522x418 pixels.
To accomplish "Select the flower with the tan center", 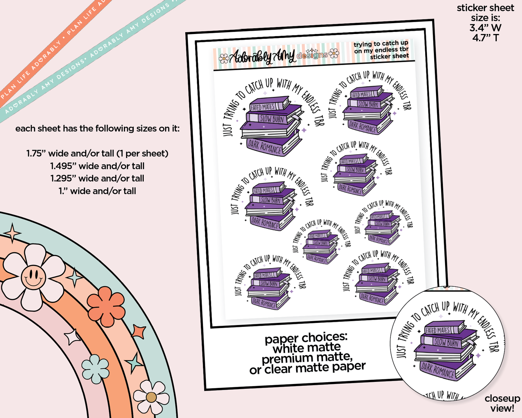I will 151,397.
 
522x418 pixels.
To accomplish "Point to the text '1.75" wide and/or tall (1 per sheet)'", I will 97,154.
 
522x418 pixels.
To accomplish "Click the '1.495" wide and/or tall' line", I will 97,166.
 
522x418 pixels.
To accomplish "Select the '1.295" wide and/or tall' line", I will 97,179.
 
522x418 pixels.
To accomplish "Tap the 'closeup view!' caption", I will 502,404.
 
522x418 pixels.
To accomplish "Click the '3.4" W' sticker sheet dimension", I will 485,27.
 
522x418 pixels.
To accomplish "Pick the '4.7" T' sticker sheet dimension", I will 485,38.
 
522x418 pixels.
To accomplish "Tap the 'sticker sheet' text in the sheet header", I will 389,56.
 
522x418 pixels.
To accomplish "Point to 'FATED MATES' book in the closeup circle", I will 437,330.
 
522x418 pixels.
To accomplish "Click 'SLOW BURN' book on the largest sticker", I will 272,119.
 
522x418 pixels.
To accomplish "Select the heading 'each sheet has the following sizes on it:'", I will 97,129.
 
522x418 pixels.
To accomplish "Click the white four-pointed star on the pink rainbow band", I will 72,337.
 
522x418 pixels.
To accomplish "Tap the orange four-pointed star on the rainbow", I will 139,332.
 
